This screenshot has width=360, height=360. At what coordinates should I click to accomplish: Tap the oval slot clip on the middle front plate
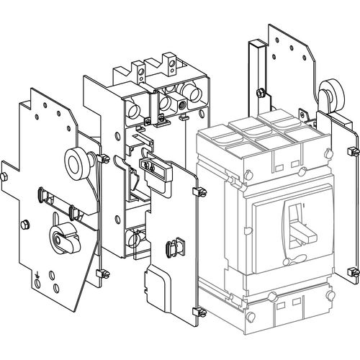click(172, 250)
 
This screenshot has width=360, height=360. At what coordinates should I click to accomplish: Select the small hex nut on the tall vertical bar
click(257, 91)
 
